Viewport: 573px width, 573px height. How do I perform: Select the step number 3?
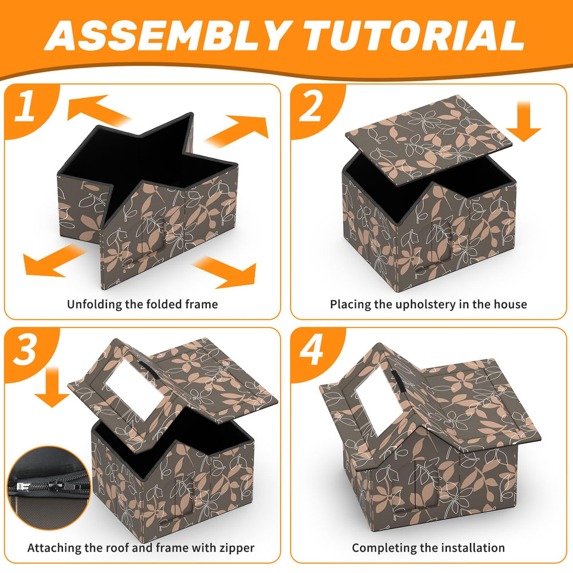point(26,351)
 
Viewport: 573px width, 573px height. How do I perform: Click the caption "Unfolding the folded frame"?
point(142,304)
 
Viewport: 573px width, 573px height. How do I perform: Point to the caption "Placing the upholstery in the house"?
point(428,304)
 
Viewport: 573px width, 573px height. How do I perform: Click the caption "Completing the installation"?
point(428,548)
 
